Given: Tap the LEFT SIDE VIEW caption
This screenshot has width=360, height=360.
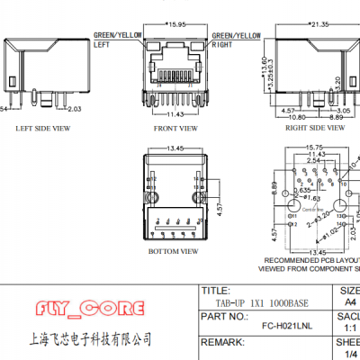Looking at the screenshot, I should click(41, 128).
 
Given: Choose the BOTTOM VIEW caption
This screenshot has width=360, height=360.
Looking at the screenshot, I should click(172, 252).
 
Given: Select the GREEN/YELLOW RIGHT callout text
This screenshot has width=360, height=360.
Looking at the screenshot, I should click(237, 38).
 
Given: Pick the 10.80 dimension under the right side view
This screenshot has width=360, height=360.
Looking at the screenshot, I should click(296, 117).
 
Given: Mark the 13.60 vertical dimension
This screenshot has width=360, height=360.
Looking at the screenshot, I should click(262, 62).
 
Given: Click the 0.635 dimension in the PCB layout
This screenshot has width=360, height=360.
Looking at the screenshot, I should click(307, 190).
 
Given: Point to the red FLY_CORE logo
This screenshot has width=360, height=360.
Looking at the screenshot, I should click(94, 310).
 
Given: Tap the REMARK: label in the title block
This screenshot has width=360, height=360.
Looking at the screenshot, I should click(222, 343).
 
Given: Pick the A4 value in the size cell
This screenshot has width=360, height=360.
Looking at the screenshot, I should click(350, 303).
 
